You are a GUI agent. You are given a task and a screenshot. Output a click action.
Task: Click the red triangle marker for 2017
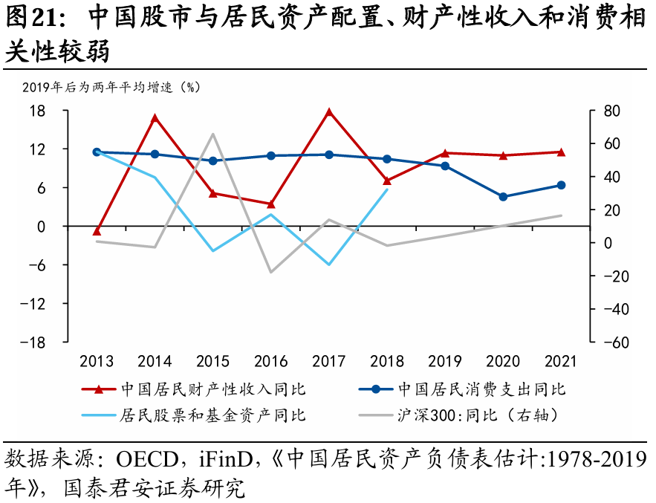pyautogui.click(x=328, y=112)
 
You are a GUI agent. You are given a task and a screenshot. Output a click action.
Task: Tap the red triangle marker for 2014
pyautogui.click(x=155, y=118)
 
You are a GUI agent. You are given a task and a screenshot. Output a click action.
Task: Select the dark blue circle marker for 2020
pyautogui.click(x=503, y=197)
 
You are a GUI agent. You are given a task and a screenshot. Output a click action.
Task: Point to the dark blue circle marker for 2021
pyautogui.click(x=561, y=185)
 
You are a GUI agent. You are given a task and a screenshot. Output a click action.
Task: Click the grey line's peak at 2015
pyautogui.click(x=212, y=134)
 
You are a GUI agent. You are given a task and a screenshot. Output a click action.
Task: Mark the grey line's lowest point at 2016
pyautogui.click(x=270, y=272)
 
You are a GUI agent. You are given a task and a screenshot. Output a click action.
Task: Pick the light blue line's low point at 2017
pyautogui.click(x=328, y=265)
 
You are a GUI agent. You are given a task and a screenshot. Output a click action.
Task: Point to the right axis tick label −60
pyautogui.click(x=614, y=343)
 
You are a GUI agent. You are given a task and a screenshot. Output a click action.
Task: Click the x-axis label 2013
pyautogui.click(x=97, y=362)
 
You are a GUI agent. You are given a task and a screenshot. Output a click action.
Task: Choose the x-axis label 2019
pyautogui.click(x=445, y=362)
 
